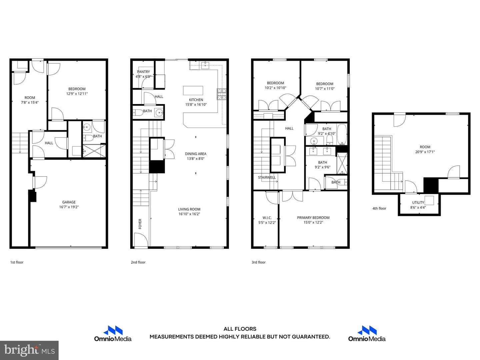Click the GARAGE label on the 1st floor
coord(69,202)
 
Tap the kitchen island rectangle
coord(193,90)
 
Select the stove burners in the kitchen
coord(222,94)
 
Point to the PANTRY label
coord(143,72)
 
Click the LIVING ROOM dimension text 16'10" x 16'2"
coord(189,214)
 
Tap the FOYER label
coord(140,224)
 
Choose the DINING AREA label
coord(195,154)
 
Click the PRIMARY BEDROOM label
coord(313,217)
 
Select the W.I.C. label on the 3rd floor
coord(267,218)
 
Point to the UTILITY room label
coord(418,202)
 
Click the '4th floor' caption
coord(379,208)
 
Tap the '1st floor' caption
coord(17,262)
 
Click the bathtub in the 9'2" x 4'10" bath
coord(342,135)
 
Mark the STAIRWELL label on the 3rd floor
coord(267,177)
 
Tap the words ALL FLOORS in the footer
coord(240,329)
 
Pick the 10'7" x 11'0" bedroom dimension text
coord(325,89)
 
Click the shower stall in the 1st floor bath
coord(94,150)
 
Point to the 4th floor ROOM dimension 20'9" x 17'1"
coord(425,152)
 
